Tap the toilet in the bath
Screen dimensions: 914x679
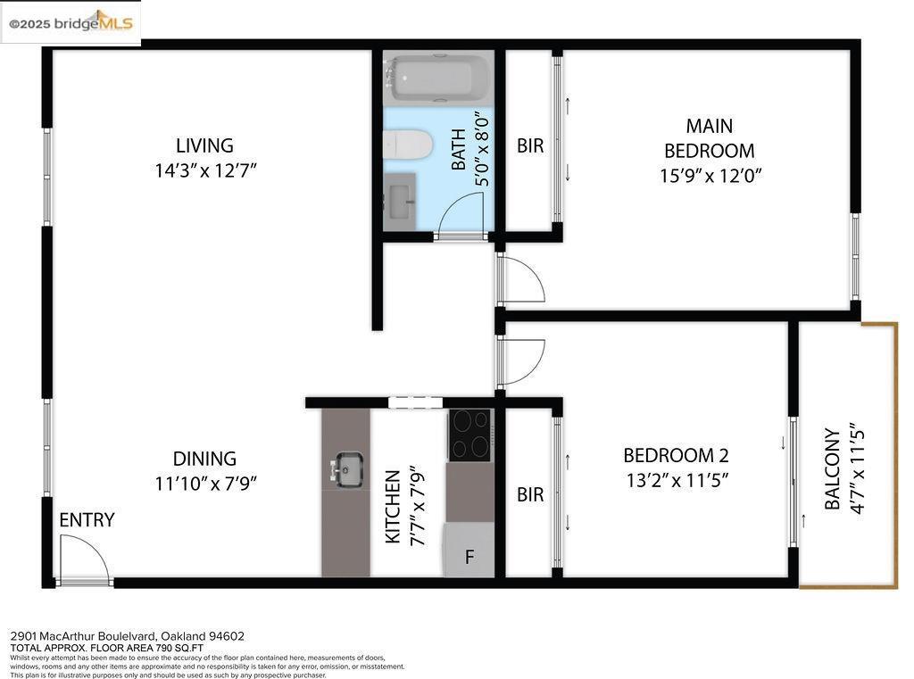(x=408, y=144)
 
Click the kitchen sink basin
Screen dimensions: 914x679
(x=349, y=469)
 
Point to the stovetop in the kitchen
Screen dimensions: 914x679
(x=470, y=435)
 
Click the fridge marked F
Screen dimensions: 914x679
(x=469, y=551)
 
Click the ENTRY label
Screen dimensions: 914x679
(x=87, y=519)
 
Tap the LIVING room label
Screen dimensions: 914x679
(x=204, y=145)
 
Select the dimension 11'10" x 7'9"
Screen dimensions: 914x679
(x=206, y=484)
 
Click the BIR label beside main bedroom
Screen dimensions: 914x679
(x=530, y=145)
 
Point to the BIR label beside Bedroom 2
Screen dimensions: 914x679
(x=530, y=494)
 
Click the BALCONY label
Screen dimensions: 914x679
(x=832, y=469)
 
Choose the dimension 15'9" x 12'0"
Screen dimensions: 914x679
(x=710, y=175)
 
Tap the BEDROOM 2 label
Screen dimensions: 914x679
(x=676, y=455)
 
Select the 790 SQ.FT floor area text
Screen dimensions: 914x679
(x=178, y=648)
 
